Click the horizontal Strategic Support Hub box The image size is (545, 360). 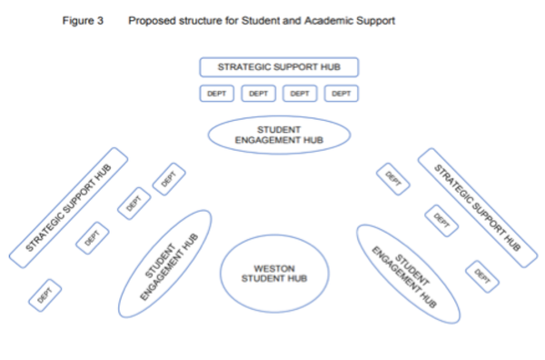(279, 67)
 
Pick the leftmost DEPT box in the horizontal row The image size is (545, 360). (216, 93)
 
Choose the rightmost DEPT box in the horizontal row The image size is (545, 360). (342, 93)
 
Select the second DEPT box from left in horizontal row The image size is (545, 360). (258, 93)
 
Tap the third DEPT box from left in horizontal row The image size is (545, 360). (300, 93)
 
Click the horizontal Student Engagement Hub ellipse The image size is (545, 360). (279, 135)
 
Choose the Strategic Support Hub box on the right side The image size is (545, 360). (477, 208)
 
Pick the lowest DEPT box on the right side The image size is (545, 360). (482, 275)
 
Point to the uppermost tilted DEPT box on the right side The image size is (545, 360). (392, 177)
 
